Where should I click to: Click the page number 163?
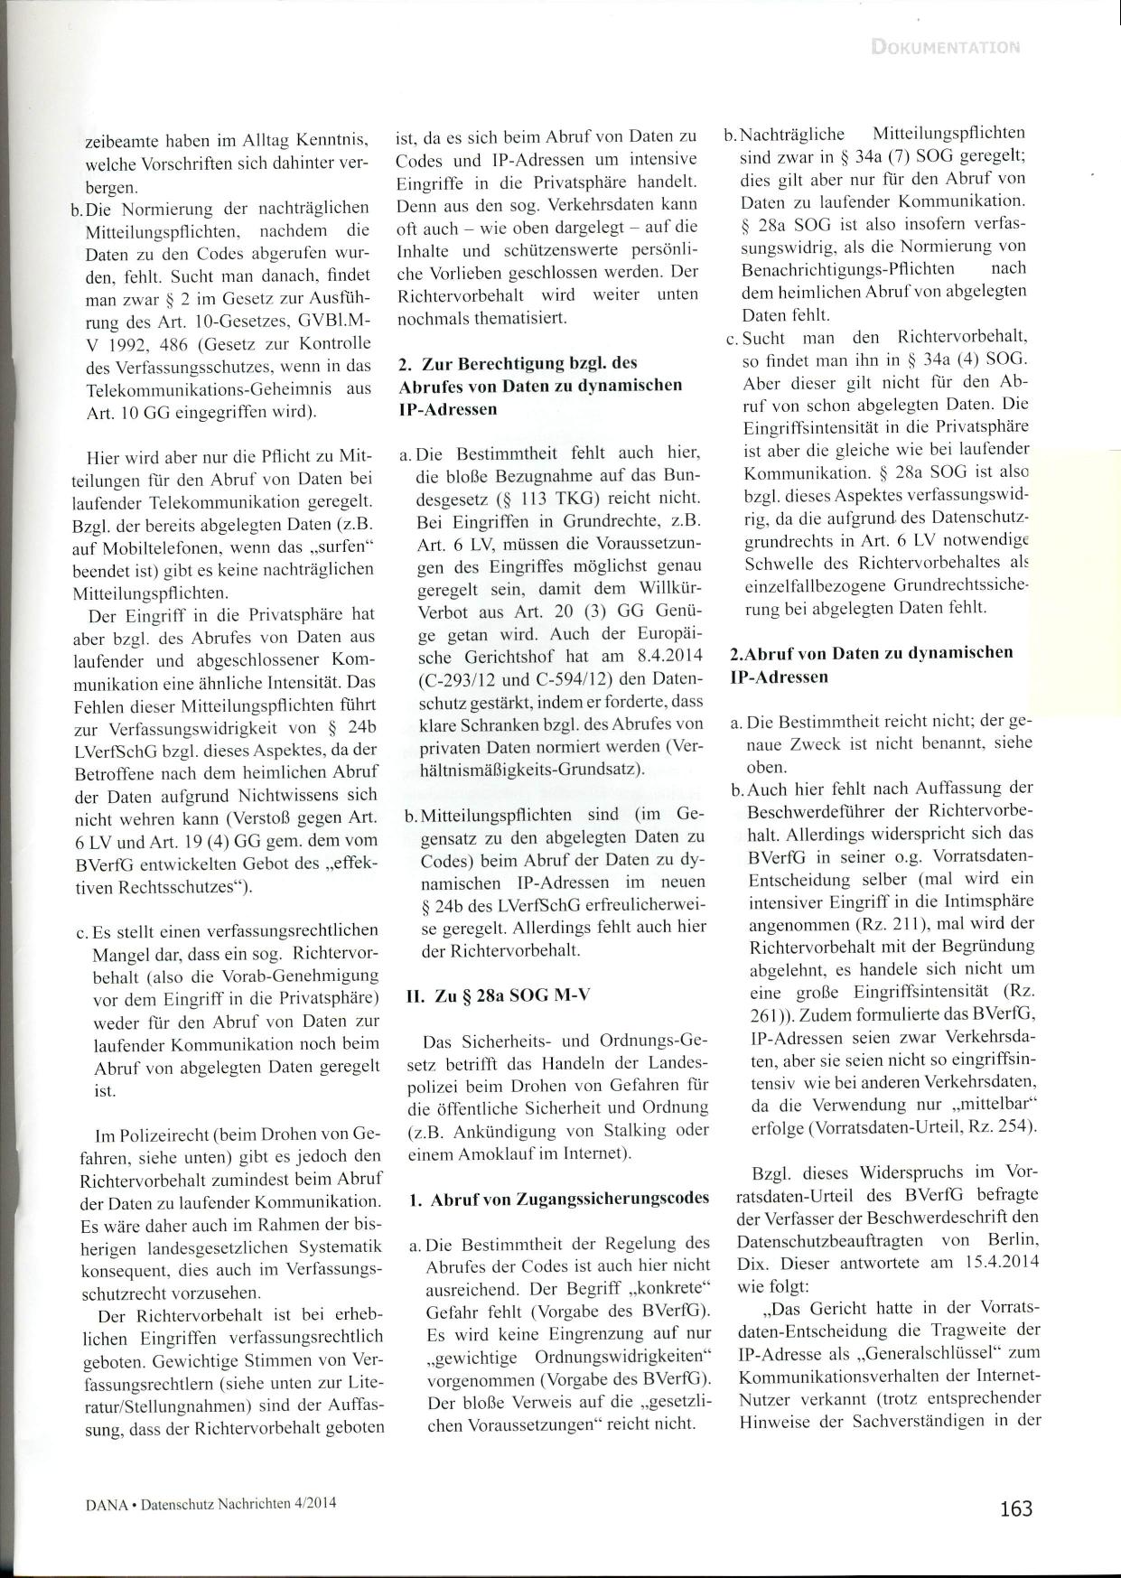coord(1015,1508)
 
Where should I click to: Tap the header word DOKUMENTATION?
coord(946,47)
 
